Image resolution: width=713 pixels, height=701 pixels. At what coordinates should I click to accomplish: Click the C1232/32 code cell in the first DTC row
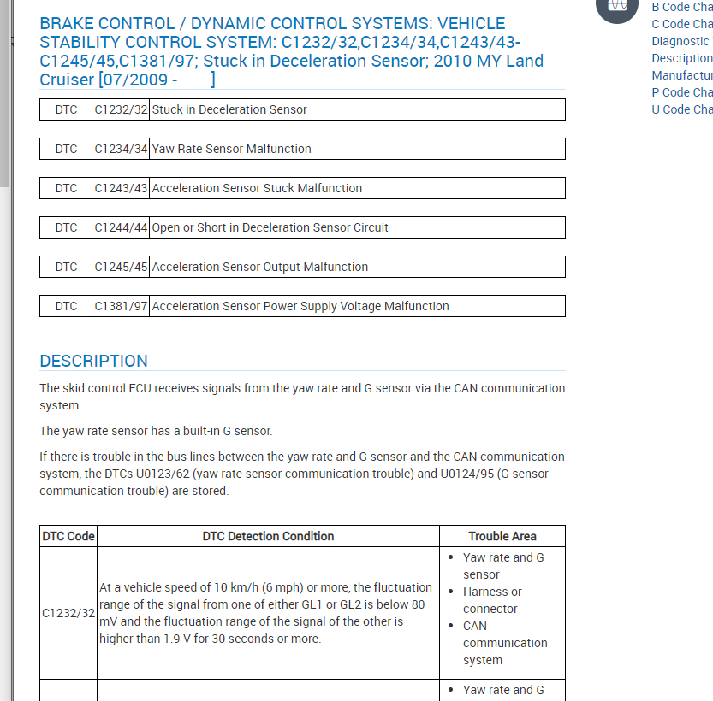pos(121,109)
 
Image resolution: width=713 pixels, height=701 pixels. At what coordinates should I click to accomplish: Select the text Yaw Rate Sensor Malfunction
pos(231,149)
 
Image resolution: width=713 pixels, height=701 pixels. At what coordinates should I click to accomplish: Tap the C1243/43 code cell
pos(121,188)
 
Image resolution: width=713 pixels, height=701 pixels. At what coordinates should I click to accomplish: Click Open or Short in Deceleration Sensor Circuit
pos(270,227)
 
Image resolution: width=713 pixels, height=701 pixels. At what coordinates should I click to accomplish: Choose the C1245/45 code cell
pos(121,267)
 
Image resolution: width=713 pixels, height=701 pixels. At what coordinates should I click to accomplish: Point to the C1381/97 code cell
pos(121,306)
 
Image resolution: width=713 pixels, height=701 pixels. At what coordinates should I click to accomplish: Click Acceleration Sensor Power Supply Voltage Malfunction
pos(300,306)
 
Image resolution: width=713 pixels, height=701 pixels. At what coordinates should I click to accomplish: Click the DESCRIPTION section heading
pos(93,361)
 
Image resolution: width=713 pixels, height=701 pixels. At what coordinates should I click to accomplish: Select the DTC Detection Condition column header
pos(268,536)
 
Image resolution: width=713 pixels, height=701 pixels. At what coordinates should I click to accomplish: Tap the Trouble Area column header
pos(502,536)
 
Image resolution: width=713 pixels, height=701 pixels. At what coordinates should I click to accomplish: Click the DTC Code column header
pos(68,536)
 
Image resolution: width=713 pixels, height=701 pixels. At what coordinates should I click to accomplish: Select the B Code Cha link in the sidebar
pos(681,7)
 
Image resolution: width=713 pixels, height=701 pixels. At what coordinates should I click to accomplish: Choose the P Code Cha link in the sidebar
pos(681,92)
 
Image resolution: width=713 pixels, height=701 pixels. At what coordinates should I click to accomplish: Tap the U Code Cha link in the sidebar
pos(681,109)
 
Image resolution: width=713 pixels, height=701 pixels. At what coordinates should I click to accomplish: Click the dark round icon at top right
pos(617,7)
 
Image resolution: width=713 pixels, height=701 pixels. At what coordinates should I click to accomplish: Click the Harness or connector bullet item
pos(491,600)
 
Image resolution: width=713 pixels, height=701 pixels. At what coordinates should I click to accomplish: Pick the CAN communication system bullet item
pos(504,643)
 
